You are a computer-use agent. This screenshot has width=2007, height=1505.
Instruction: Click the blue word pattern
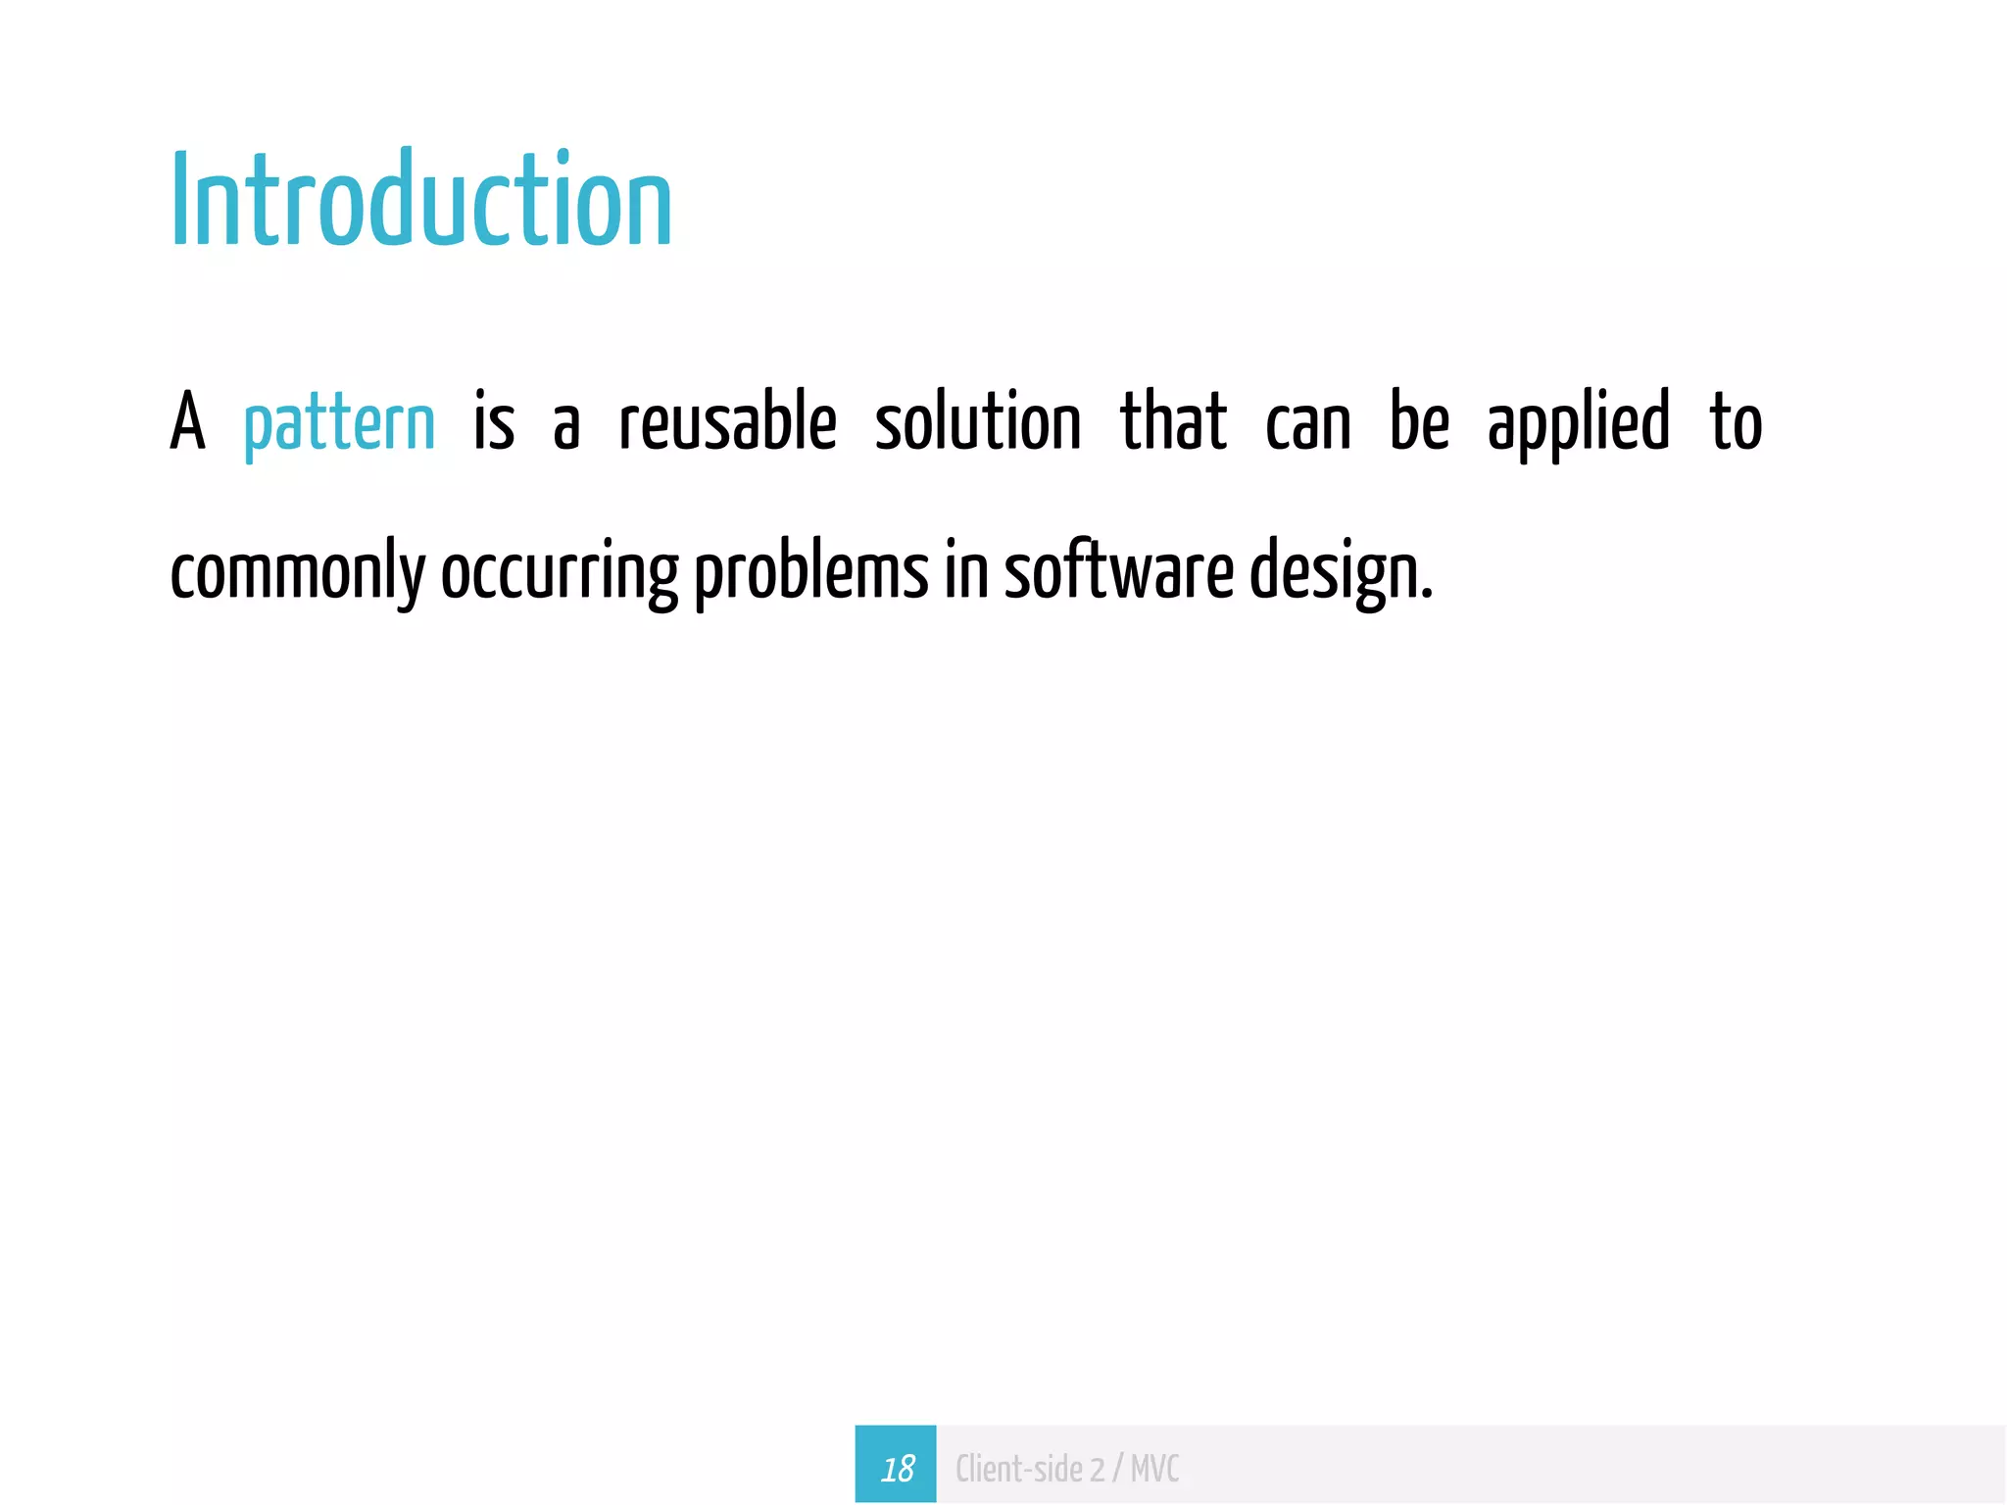point(339,424)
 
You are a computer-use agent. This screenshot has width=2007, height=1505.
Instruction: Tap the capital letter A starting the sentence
point(188,422)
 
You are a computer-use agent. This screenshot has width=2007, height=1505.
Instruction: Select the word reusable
point(728,422)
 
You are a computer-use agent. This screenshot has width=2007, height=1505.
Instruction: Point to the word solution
point(978,422)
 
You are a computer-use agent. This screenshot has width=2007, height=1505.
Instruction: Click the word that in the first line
point(1173,422)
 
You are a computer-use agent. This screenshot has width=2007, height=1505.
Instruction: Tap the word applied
point(1578,424)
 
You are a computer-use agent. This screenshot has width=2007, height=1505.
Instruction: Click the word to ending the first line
point(1737,422)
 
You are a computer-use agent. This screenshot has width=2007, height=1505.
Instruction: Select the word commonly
point(298,574)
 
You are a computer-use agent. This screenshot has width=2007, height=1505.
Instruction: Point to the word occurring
point(560,574)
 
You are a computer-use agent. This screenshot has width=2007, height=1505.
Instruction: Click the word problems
point(811,572)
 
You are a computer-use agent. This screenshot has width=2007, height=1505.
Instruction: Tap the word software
point(1119,572)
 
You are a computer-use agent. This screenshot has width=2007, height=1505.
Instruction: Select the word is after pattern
point(494,422)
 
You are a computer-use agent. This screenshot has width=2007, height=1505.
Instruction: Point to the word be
point(1419,422)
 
